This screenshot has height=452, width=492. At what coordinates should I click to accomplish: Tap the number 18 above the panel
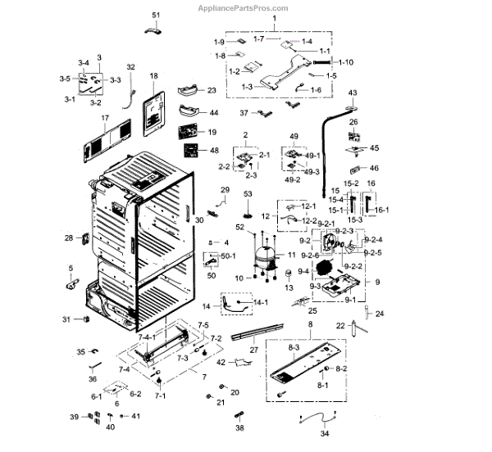click(x=153, y=76)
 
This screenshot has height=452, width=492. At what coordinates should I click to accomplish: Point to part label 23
click(x=211, y=90)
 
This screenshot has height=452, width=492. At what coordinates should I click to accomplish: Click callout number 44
click(x=213, y=113)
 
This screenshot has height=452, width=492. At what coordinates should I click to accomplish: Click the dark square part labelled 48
click(x=192, y=151)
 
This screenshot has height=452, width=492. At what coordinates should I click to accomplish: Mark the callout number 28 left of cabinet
click(x=69, y=238)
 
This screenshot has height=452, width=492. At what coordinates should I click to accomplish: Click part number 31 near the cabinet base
click(x=68, y=319)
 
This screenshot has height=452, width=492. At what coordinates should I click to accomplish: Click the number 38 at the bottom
click(x=240, y=427)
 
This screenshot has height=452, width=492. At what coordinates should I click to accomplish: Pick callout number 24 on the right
click(x=380, y=314)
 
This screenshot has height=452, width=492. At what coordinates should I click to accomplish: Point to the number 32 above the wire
click(x=130, y=67)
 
